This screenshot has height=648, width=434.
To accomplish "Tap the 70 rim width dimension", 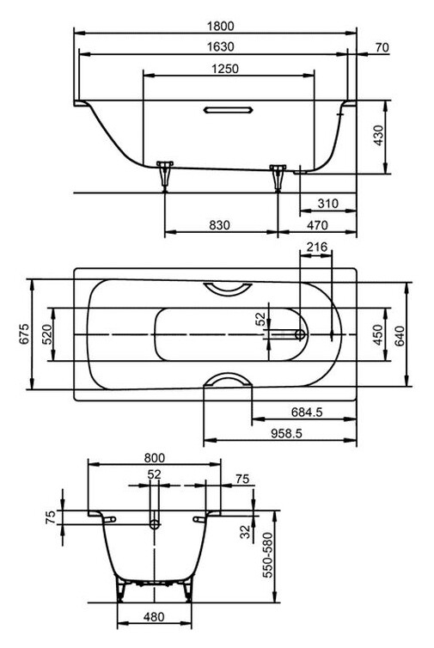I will pos(382,47).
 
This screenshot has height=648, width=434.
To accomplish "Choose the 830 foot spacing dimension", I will pos(220,224).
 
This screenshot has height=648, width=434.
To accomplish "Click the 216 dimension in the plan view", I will pos(317,248).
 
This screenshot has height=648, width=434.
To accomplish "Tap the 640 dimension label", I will pos(400,333).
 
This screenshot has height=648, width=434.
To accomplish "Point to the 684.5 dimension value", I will pos(306,413).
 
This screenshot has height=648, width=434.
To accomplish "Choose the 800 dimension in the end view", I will pos(155,458).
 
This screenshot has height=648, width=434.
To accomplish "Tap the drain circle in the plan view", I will pos(300,333).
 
